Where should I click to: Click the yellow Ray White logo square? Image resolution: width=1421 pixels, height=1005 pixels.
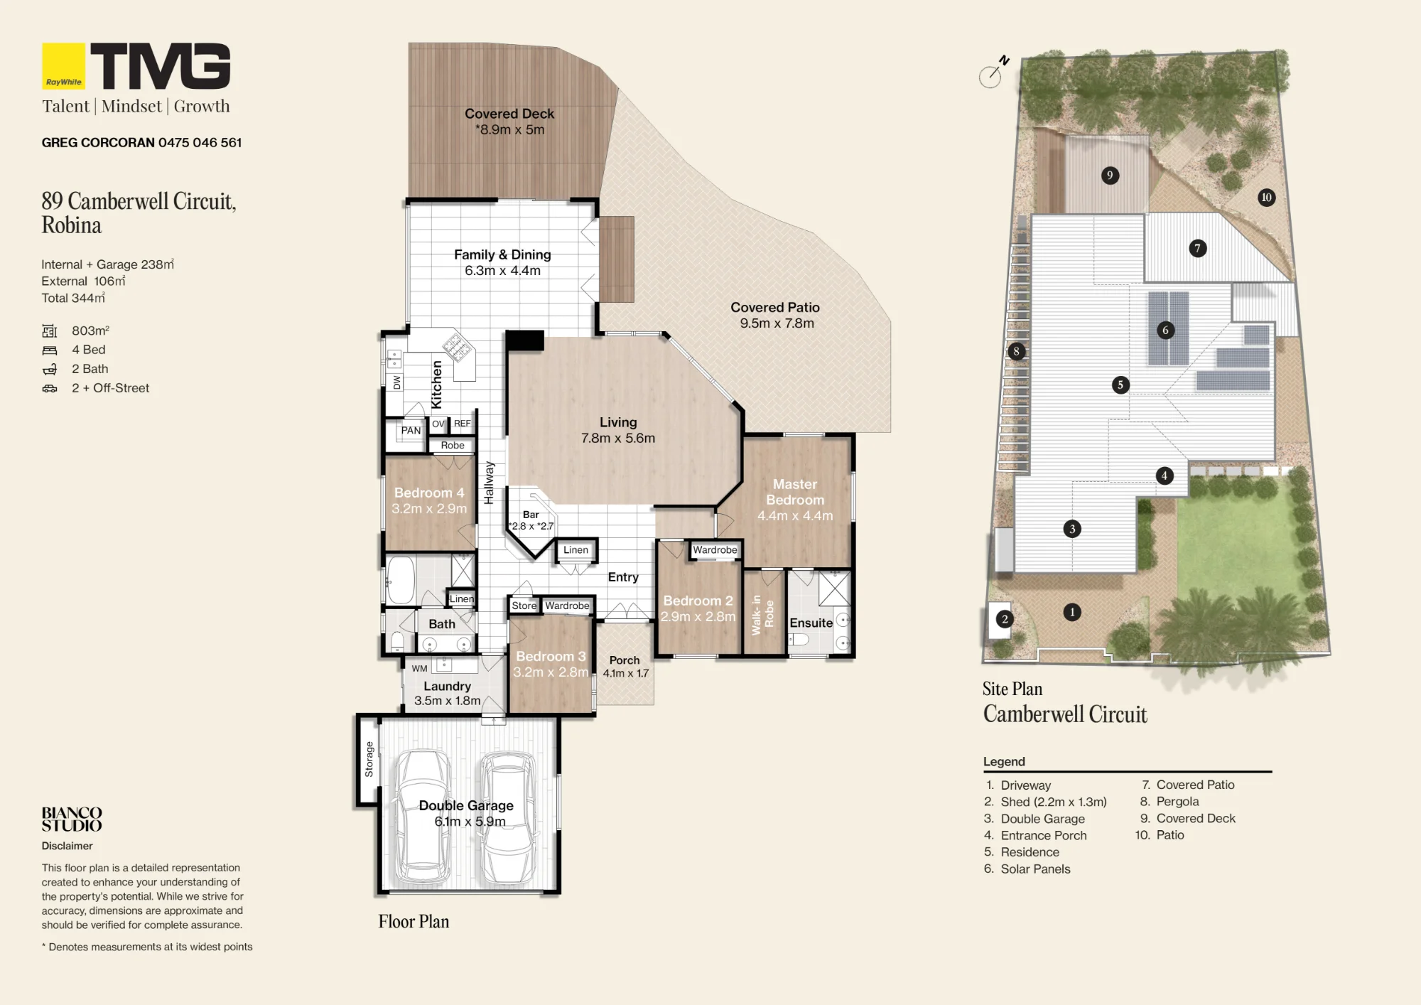pos(63,66)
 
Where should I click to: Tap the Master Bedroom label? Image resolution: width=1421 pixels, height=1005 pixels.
pos(795,492)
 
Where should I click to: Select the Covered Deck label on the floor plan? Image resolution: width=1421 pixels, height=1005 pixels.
pos(509,114)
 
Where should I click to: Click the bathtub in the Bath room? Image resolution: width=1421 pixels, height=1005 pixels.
pos(401,580)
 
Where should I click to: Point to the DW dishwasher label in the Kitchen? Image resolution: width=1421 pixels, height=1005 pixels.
pos(397,382)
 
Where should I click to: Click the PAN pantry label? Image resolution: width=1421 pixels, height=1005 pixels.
pos(411,430)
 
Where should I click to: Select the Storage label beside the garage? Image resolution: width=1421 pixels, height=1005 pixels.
pos(369,759)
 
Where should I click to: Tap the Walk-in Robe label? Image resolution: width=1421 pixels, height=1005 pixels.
pos(762,615)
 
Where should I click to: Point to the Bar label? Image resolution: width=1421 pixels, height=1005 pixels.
pos(531,515)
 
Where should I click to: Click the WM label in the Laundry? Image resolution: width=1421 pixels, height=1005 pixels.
pos(420,668)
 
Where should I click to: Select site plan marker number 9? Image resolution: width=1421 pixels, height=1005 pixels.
pos(1110,175)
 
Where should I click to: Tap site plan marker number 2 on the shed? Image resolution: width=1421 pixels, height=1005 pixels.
pos(1004,619)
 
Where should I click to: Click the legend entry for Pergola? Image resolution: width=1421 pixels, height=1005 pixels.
pos(1169,802)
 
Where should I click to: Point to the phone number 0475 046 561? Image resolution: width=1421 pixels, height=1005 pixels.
pos(200,143)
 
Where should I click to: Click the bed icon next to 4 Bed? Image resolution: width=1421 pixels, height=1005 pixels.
pos(50,350)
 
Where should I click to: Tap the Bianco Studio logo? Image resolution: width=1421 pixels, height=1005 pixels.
pos(72,819)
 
